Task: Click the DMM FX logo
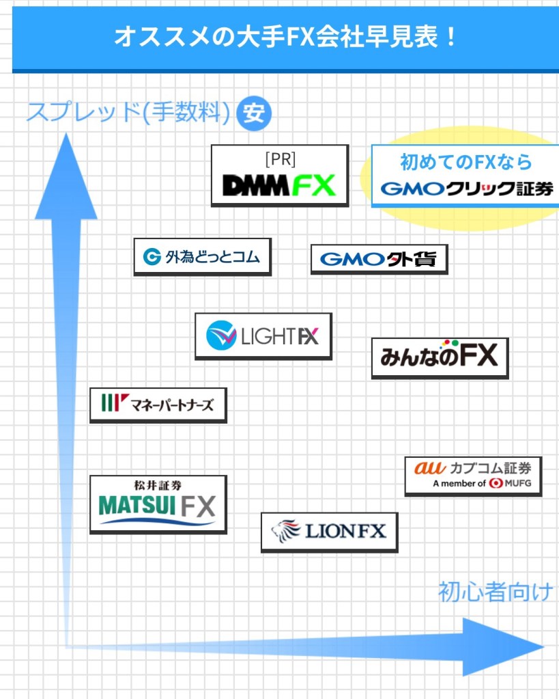tap(279, 185)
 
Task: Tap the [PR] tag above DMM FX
tap(280, 159)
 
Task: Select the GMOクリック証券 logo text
tap(467, 189)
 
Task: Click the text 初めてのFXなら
tap(465, 163)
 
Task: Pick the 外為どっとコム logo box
tap(202, 257)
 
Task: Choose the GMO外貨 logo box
tap(379, 260)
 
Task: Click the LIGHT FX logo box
tap(263, 335)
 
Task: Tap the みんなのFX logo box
tap(440, 357)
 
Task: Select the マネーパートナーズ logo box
tap(158, 405)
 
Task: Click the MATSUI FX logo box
tap(158, 504)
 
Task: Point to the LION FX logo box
tap(329, 532)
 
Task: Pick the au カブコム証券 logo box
tap(472, 476)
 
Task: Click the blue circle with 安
tap(254, 113)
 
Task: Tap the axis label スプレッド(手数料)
tap(128, 113)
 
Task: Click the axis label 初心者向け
tap(496, 591)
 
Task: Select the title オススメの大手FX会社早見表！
tap(285, 36)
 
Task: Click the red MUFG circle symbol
tap(495, 483)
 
